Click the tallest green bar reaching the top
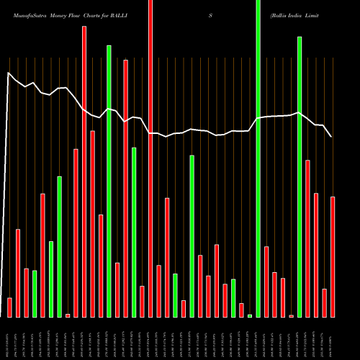point(258,158)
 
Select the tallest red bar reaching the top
point(150,158)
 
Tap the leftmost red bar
point(9,307)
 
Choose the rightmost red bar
point(333,257)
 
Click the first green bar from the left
point(35,294)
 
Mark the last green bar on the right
point(300,176)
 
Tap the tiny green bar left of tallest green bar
point(250,315)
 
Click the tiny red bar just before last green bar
point(292,315)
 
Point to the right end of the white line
point(331,136)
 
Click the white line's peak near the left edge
point(9,73)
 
